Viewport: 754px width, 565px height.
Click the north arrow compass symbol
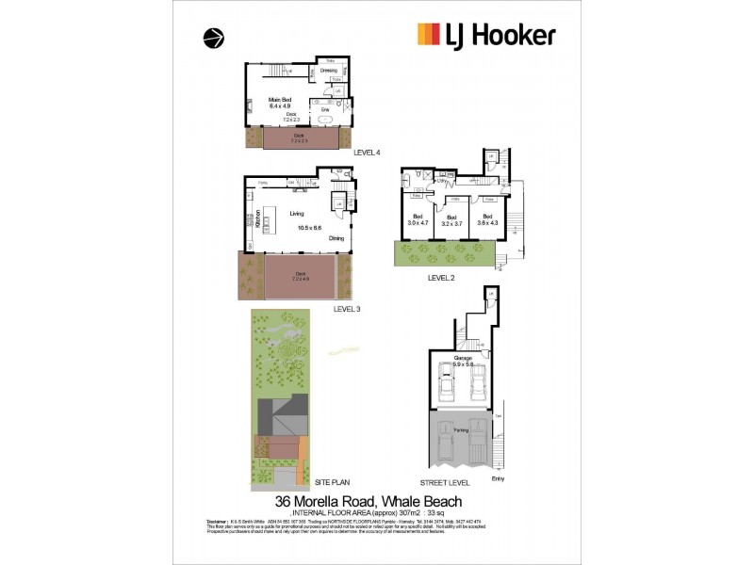point(214,39)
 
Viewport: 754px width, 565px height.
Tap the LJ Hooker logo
point(486,36)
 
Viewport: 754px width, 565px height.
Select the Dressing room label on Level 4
point(328,71)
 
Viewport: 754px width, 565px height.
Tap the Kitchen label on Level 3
point(256,221)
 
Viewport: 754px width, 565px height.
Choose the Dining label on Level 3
point(336,238)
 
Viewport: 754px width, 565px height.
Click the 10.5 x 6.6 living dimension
point(308,227)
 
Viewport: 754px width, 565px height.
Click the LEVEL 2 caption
point(442,278)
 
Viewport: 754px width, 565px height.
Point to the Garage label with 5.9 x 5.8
point(462,361)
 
